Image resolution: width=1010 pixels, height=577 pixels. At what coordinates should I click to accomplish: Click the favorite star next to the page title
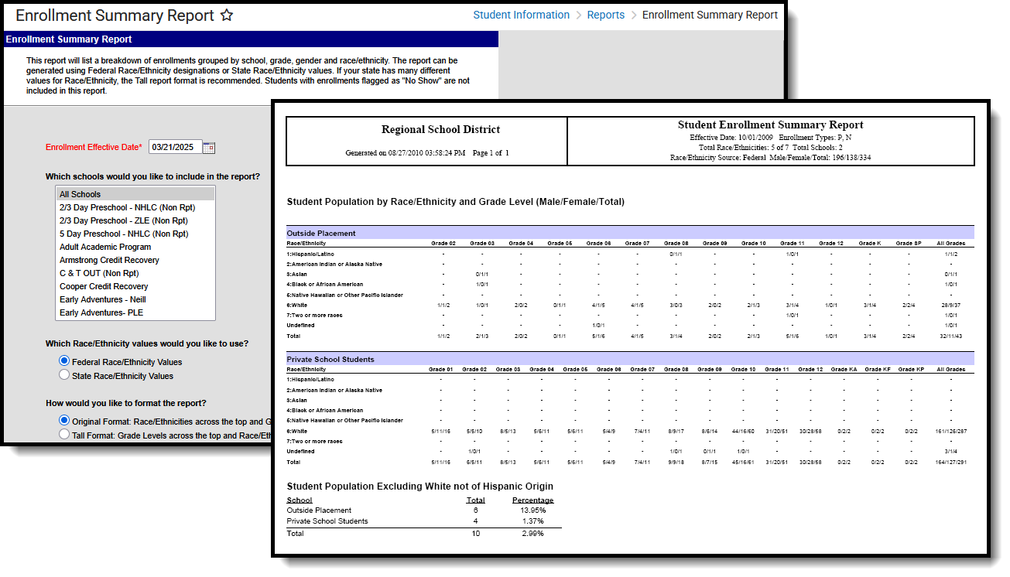pyautogui.click(x=227, y=15)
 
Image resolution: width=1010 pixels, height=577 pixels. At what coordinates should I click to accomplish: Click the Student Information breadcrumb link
pyautogui.click(x=521, y=15)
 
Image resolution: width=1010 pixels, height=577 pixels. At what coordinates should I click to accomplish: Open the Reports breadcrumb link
pyautogui.click(x=605, y=15)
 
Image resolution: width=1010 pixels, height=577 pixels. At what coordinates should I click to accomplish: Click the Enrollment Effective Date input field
pyautogui.click(x=175, y=147)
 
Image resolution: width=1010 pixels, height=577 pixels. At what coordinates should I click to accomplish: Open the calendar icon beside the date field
pyautogui.click(x=209, y=147)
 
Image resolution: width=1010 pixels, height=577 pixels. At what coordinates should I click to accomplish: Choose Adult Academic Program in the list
pyautogui.click(x=105, y=247)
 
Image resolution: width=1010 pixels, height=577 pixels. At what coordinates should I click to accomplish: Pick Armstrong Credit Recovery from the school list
pyautogui.click(x=108, y=260)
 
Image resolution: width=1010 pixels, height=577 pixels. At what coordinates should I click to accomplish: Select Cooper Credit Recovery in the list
pyautogui.click(x=104, y=286)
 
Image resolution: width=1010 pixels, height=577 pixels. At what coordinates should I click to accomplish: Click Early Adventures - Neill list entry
pyautogui.click(x=103, y=299)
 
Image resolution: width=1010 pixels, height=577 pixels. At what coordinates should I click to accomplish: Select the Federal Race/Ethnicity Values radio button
pyautogui.click(x=64, y=361)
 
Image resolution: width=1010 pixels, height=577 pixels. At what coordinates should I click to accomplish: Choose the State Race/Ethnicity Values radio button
pyautogui.click(x=64, y=375)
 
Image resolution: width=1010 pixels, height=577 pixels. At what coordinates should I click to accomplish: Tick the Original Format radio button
pyautogui.click(x=64, y=421)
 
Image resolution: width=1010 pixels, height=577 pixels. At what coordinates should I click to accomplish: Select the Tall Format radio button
pyautogui.click(x=64, y=435)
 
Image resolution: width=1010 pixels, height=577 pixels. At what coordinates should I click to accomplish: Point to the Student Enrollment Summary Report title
pyautogui.click(x=770, y=125)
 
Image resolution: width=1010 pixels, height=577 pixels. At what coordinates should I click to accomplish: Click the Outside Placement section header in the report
pyautogui.click(x=321, y=233)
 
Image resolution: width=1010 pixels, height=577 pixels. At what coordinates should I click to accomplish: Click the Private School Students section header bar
pyautogui.click(x=330, y=359)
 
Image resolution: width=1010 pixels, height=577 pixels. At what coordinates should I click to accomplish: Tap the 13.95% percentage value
pyautogui.click(x=532, y=510)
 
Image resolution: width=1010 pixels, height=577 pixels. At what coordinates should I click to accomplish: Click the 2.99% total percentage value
pyautogui.click(x=532, y=534)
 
